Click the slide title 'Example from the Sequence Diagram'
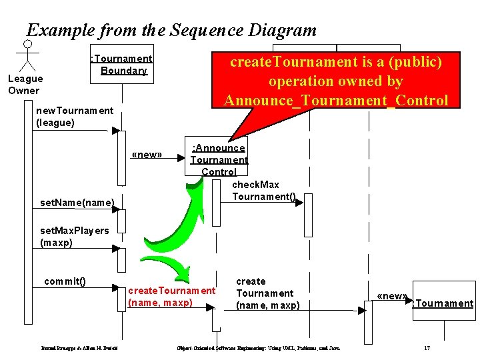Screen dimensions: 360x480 (171, 30)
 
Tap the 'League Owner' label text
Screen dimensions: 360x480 (24, 85)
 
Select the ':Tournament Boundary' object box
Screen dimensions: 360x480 (123, 65)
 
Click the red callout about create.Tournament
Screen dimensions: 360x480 (337, 81)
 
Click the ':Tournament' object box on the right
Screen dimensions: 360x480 (443, 303)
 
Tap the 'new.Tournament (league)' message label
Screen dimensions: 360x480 (74, 117)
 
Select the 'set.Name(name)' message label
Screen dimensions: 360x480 (77, 202)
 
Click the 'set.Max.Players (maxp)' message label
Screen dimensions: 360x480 (74, 237)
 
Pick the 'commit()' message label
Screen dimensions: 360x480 (65, 281)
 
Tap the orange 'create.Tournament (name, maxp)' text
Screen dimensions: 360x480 (171, 297)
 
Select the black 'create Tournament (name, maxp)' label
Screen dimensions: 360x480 (267, 293)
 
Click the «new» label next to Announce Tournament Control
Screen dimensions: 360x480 (147, 155)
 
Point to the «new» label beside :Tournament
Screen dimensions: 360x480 (391, 296)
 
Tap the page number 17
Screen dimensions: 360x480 (427, 348)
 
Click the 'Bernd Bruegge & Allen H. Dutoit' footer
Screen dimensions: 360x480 (75, 348)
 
